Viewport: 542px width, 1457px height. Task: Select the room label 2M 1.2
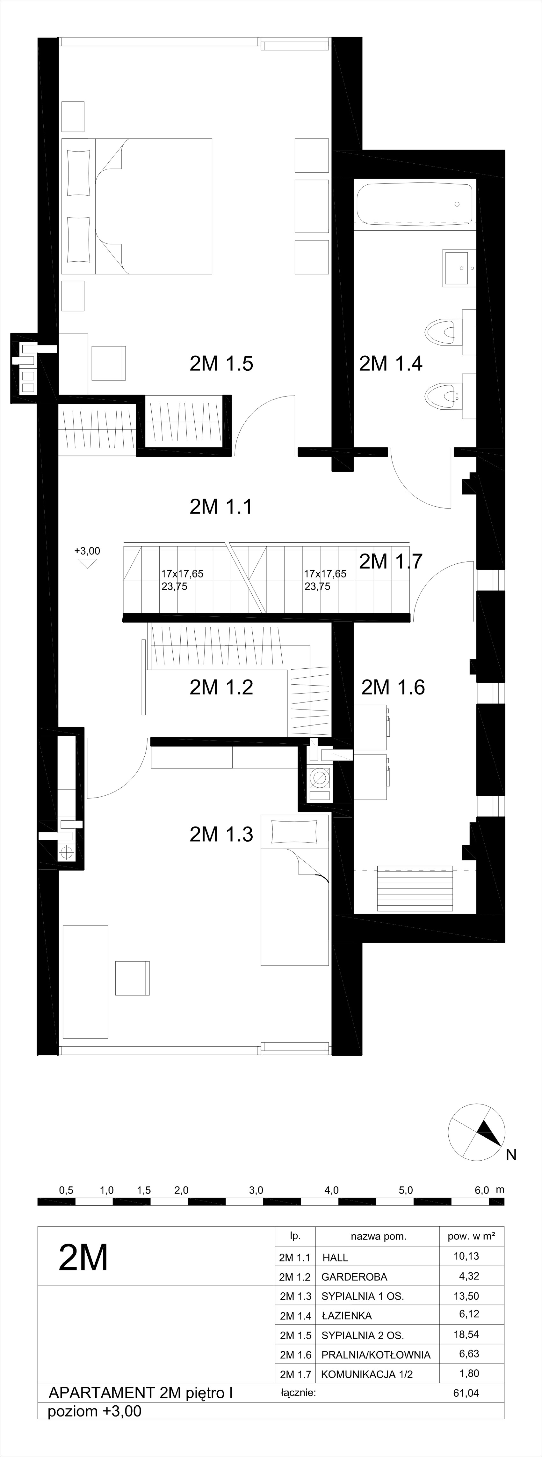pos(221,687)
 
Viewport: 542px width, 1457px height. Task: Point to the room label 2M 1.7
pos(391,561)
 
